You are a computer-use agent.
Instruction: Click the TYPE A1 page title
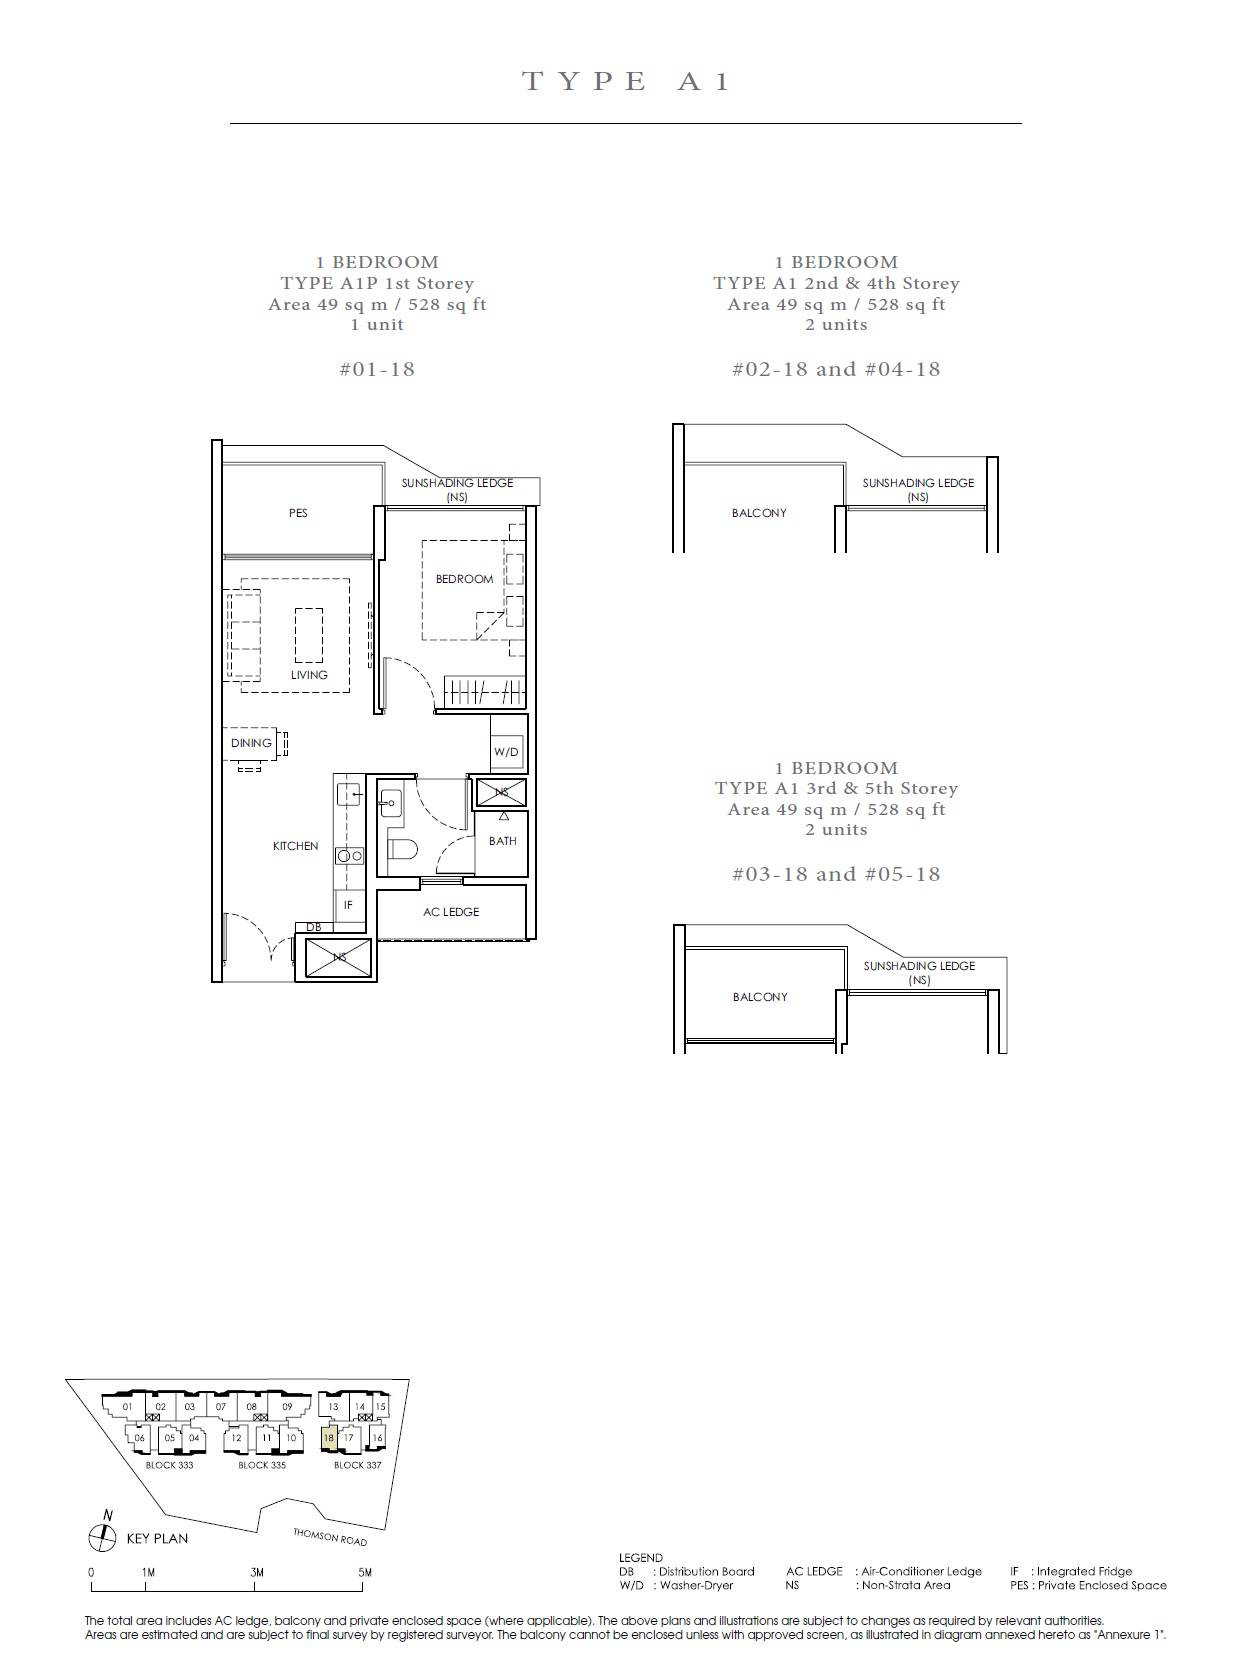(x=626, y=81)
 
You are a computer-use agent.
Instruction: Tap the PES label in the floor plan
(x=298, y=513)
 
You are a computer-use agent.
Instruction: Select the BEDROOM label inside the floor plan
(x=465, y=578)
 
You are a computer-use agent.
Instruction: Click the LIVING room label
(x=309, y=674)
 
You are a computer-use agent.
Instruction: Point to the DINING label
(x=251, y=743)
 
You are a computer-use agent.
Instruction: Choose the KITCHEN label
(x=295, y=846)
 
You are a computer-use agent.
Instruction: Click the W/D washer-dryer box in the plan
(x=506, y=751)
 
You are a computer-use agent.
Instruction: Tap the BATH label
(x=502, y=841)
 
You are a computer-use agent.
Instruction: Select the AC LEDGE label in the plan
(x=451, y=912)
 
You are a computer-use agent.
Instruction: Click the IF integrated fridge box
(x=348, y=905)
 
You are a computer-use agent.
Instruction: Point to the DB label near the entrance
(x=314, y=927)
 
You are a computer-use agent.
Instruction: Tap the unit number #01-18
(x=378, y=369)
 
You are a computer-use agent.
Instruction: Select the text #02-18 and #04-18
(x=836, y=369)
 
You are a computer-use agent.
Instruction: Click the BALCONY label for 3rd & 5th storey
(x=760, y=997)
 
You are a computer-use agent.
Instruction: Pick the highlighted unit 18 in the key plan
(x=329, y=1438)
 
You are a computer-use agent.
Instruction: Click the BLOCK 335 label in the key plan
(x=262, y=1464)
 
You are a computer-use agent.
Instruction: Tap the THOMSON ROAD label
(x=330, y=1536)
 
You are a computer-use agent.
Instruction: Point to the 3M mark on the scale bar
(x=257, y=1572)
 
